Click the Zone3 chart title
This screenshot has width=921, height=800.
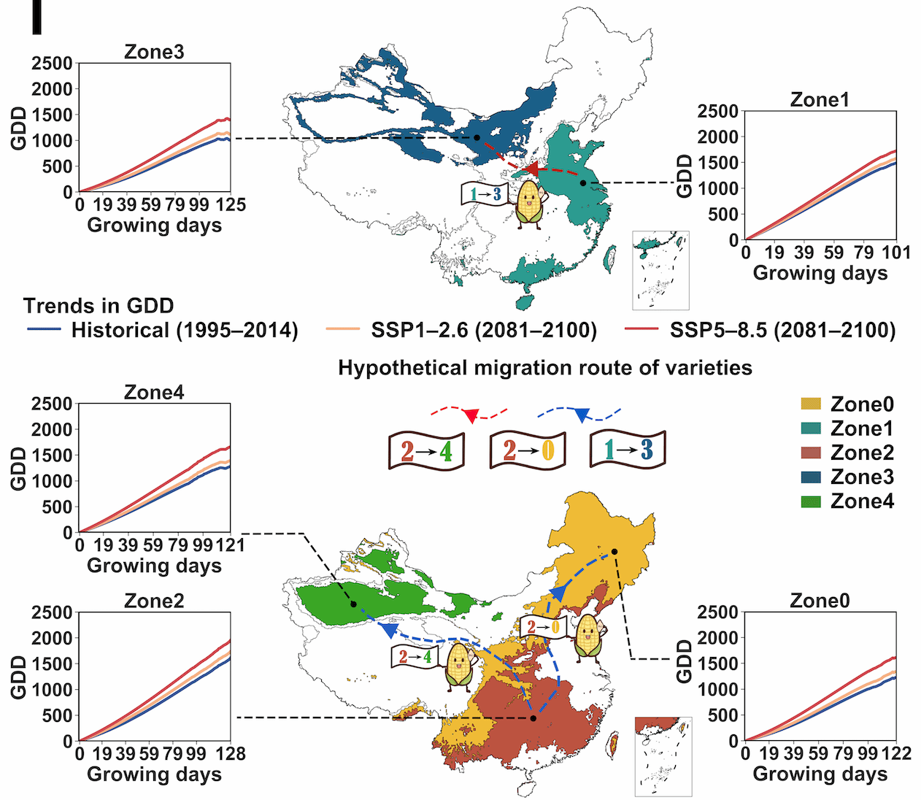click(x=154, y=52)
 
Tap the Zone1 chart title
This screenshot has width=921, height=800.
click(x=820, y=99)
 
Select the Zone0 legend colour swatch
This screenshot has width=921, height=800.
click(x=811, y=404)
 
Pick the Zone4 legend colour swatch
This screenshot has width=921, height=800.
click(x=811, y=501)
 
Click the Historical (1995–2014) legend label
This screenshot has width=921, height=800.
click(x=185, y=331)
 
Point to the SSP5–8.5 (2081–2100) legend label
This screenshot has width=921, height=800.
click(x=782, y=331)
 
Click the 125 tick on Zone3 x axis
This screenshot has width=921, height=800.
click(x=231, y=205)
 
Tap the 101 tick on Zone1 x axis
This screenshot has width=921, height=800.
click(x=895, y=253)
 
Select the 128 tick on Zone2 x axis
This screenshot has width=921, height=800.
click(x=231, y=753)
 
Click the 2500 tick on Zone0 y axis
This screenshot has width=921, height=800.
click(x=717, y=612)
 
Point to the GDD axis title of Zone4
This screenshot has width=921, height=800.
click(x=18, y=469)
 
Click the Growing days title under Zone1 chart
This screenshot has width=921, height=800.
click(x=820, y=273)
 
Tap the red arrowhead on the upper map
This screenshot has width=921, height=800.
click(x=532, y=169)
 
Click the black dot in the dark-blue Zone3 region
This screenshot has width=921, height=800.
click(x=477, y=137)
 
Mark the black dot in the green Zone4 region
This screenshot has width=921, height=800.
click(x=353, y=604)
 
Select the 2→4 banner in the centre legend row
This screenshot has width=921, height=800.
click(x=426, y=451)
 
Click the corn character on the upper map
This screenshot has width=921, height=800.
click(x=530, y=204)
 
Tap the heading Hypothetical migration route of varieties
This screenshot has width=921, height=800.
click(x=544, y=367)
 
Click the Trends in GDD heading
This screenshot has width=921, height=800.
click(x=99, y=306)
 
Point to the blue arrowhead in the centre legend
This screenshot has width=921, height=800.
click(x=581, y=416)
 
